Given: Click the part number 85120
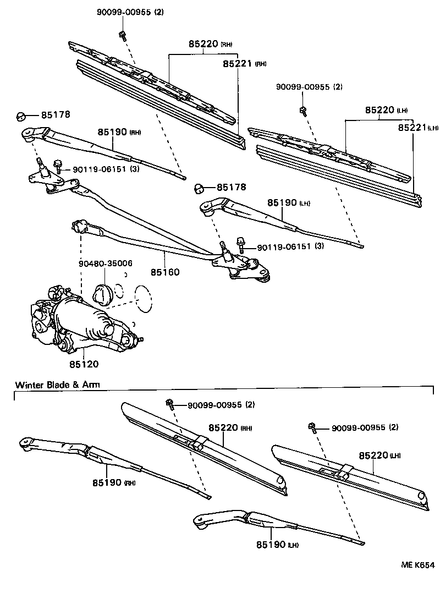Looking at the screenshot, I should click(x=84, y=364).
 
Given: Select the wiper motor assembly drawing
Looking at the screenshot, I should click(x=82, y=322).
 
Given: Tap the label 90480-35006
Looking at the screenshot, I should click(x=105, y=263).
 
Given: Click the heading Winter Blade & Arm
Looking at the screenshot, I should click(x=58, y=385).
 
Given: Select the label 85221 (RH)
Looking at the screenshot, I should click(x=244, y=64).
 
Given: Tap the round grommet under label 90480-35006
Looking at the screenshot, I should click(x=102, y=294).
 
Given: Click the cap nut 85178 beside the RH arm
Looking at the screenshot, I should click(x=20, y=116).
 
